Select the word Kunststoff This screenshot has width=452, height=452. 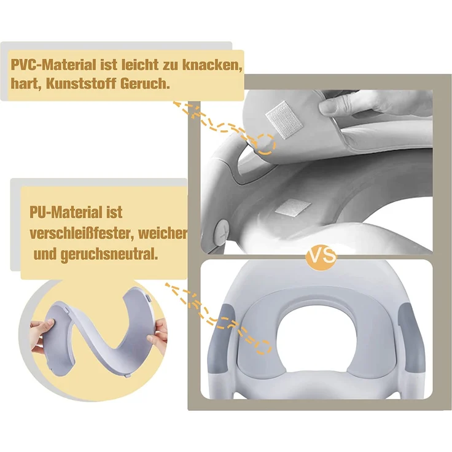tap(80, 84)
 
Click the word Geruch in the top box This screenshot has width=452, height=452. tap(145, 84)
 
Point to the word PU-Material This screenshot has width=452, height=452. tap(66, 212)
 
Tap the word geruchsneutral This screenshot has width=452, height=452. tap(109, 255)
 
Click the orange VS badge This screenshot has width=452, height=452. tap(321, 255)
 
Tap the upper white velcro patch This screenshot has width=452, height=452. tap(284, 120)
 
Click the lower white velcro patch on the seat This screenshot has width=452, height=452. tap(293, 207)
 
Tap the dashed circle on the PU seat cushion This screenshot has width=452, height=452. tap(263, 347)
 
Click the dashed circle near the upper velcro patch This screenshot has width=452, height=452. tap(266, 144)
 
